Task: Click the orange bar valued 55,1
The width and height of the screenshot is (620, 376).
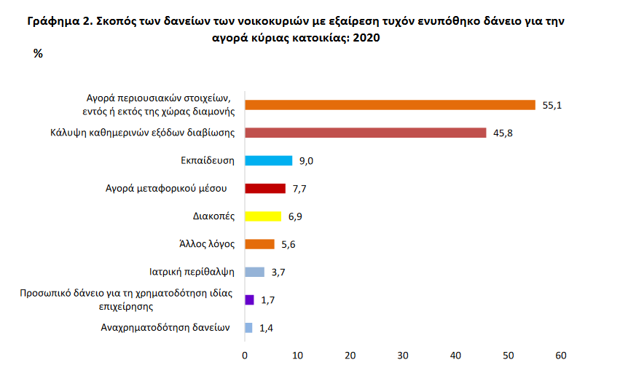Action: [390, 105]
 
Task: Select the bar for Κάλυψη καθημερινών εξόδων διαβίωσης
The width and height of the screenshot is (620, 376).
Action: [365, 133]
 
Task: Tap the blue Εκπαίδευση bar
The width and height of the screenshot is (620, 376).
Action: [268, 160]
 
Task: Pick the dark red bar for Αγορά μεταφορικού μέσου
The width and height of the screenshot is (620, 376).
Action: [265, 189]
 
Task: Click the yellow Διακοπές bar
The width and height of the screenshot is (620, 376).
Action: [263, 216]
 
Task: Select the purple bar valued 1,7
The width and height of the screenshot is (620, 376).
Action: [249, 299]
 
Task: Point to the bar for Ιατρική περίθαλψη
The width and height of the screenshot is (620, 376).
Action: [254, 272]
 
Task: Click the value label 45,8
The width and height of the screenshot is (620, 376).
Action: [503, 133]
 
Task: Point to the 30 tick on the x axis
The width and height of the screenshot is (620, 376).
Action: [403, 356]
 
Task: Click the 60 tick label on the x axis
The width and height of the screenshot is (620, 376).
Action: [560, 356]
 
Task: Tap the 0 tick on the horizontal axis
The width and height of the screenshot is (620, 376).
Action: [246, 356]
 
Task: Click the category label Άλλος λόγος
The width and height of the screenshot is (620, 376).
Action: [205, 244]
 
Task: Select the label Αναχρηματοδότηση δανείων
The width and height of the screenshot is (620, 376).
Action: [165, 327]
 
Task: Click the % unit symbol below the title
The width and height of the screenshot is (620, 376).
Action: [39, 53]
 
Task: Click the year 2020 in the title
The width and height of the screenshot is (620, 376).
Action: [366, 37]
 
